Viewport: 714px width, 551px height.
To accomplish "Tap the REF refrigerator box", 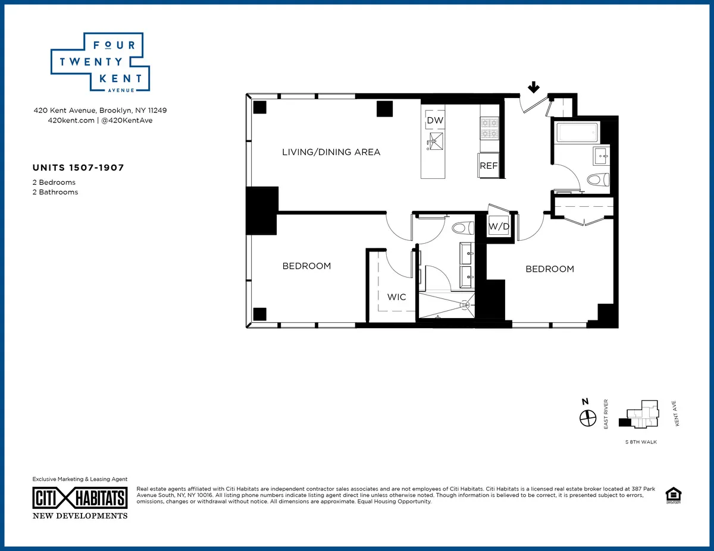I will (x=488, y=166).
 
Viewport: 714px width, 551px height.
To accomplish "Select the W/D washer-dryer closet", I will (x=499, y=226).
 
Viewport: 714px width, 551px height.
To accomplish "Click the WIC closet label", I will (x=397, y=297).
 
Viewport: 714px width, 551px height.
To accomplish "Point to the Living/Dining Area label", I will (x=331, y=152).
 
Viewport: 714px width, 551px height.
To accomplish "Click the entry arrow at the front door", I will (x=534, y=88).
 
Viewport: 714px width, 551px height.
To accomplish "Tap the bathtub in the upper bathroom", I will (x=576, y=132).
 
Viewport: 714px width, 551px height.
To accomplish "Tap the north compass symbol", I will (x=588, y=418).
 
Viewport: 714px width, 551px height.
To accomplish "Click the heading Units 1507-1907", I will (x=78, y=168).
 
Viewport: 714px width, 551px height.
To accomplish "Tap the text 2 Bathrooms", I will (x=55, y=192).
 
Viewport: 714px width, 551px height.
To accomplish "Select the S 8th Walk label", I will (x=641, y=443).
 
